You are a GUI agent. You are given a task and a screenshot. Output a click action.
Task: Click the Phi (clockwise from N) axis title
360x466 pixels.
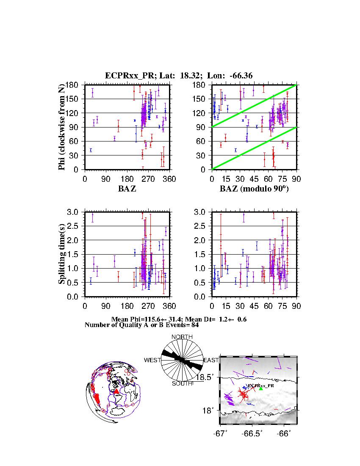(x=62, y=127)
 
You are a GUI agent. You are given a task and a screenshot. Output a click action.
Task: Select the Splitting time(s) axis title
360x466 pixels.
(x=62, y=254)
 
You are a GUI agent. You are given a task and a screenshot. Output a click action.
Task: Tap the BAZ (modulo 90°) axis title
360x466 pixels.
(x=254, y=189)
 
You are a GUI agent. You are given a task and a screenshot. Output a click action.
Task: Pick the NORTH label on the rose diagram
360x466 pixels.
(x=182, y=337)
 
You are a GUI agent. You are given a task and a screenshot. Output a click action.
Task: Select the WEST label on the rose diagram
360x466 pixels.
(x=152, y=360)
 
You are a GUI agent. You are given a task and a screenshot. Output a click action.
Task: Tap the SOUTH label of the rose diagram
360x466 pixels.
(x=182, y=383)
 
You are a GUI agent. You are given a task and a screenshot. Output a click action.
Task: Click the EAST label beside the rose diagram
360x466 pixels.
(x=210, y=360)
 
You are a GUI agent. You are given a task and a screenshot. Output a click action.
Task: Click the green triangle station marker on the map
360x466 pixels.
(x=261, y=388)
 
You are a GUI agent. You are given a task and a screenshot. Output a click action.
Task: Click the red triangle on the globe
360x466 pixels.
(x=116, y=392)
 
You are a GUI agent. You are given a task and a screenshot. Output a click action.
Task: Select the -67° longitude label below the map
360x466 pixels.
(x=221, y=433)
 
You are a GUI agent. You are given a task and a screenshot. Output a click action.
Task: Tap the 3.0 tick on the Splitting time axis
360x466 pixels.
(x=74, y=212)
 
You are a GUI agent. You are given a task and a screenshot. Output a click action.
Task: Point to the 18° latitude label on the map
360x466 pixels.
(x=211, y=410)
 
